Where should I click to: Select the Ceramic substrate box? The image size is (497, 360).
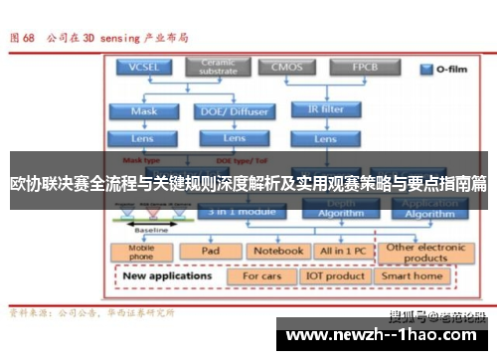[x=220, y=68]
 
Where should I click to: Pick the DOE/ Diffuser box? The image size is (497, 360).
[x=235, y=111]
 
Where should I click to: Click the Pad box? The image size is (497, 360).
[x=211, y=251]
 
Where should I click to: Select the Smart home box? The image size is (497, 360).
[x=413, y=275]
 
